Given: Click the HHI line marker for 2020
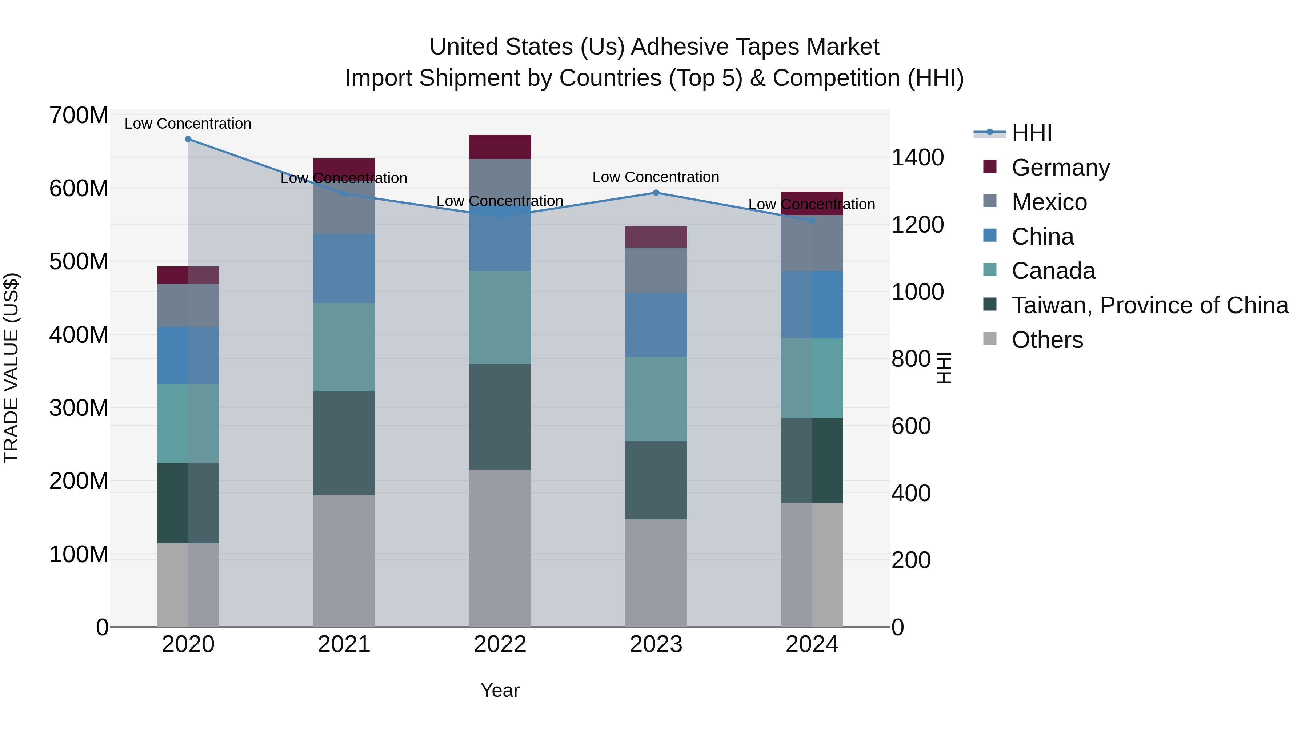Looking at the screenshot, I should pos(188,139).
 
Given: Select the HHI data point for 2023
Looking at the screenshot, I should pos(656,193).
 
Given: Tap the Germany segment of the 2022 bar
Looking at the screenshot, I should pos(500,147).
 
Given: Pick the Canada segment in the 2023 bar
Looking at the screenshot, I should pos(656,399).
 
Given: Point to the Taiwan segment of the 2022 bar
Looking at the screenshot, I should pos(500,417).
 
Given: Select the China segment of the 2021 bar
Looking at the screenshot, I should pos(344,268).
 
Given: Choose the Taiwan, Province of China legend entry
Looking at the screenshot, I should pos(1149,305).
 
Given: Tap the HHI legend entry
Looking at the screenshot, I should pos(1032,133).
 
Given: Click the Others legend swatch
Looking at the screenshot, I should pos(990,339).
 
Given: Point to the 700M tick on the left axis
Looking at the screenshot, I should pos(79,116).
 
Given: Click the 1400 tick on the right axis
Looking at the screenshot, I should pos(918,157).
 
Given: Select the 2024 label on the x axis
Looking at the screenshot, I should pos(812,644).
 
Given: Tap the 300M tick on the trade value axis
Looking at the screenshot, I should pos(79,408).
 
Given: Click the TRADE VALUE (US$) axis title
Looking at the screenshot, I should pos(11,368).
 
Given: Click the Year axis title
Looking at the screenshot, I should pos(500,690).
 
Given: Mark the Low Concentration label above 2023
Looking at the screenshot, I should pos(656,177).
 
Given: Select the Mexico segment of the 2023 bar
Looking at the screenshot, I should pos(656,270).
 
